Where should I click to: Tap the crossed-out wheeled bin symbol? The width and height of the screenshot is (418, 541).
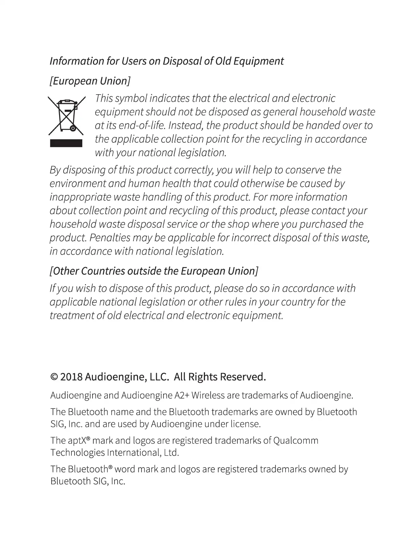tap(66, 115)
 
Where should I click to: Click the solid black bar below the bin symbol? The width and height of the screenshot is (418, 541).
tap(66, 143)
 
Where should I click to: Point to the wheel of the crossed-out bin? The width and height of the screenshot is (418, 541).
tap(72, 129)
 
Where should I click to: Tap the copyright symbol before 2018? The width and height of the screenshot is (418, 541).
tap(54, 377)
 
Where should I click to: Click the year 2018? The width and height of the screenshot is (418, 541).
tap(71, 377)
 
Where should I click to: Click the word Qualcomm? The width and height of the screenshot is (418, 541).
tap(296, 441)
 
